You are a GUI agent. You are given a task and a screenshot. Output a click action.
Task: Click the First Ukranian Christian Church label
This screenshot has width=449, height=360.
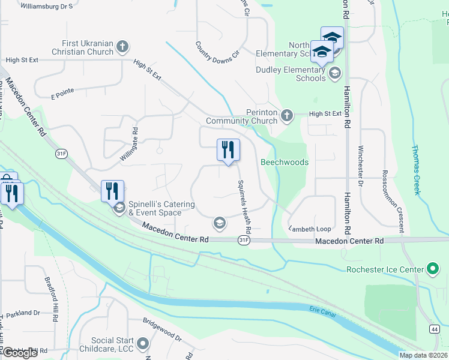coord(87,47)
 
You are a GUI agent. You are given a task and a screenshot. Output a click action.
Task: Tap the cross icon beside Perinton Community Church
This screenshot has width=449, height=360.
coord(287,115)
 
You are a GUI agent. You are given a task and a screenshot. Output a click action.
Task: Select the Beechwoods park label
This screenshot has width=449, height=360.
coord(285,163)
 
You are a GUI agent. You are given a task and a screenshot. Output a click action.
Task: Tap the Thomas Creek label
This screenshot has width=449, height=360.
coord(415,170)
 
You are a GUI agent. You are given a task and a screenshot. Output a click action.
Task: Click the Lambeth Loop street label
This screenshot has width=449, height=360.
coord(310,229)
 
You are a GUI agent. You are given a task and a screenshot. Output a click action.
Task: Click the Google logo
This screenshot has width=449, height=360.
coord(20,353)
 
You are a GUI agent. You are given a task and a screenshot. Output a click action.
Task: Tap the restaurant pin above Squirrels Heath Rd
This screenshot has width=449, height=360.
coord(228,149)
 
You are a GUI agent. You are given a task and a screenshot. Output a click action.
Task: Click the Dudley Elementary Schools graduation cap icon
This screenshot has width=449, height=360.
coord(335,74)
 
